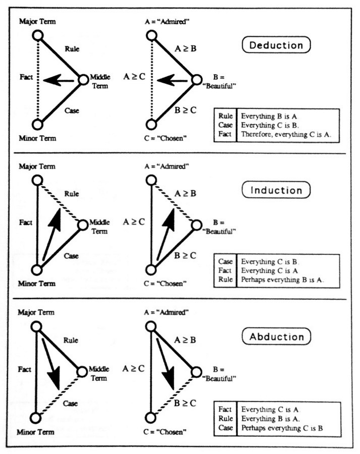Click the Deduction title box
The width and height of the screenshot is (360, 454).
[276, 45]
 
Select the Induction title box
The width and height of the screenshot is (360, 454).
[276, 190]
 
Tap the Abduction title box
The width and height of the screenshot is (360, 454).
[276, 336]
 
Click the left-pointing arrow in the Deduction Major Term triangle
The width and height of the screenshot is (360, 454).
[56, 80]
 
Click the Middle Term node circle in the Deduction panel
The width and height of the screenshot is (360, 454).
[84, 80]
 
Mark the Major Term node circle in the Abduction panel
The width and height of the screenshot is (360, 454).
[37, 327]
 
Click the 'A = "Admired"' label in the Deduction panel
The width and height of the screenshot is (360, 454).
[166, 22]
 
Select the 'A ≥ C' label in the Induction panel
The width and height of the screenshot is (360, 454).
[134, 220]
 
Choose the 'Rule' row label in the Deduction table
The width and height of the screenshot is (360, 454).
[225, 116]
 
